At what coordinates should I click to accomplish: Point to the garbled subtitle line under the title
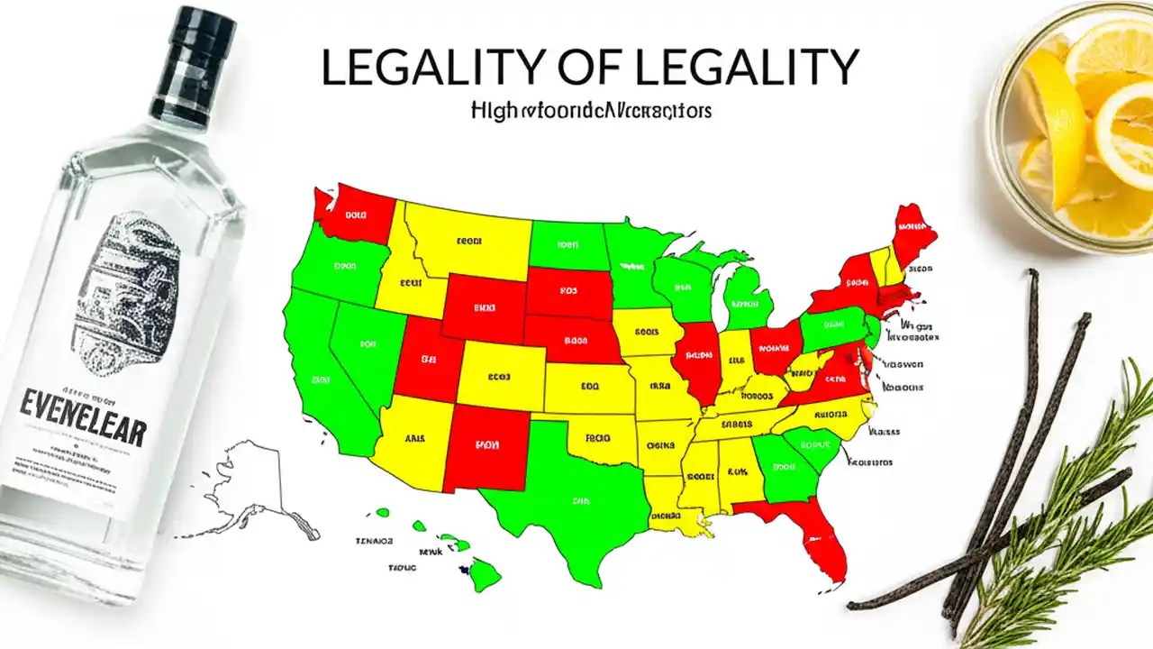coord(590,112)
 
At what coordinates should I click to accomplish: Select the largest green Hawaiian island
coord(485,573)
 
